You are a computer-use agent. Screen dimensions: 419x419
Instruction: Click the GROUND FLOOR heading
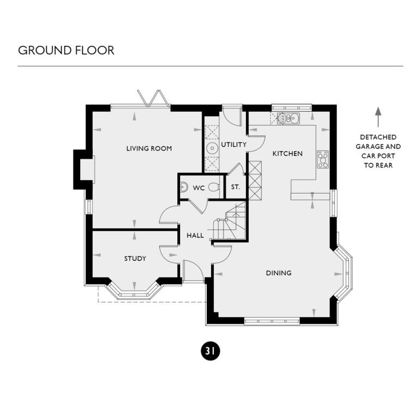pos(66,50)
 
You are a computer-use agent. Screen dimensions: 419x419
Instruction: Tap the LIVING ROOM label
pos(149,148)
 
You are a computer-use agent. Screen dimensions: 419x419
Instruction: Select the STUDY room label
pos(135,259)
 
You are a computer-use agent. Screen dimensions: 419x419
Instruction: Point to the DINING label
pos(278,273)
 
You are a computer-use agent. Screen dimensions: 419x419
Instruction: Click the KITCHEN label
pos(287,154)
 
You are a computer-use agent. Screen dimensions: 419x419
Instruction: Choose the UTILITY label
pos(234,145)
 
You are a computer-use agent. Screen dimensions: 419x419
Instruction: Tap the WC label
pos(198,188)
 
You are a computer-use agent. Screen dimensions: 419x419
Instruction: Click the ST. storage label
pos(235,188)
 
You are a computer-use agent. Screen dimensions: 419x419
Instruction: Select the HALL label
pos(195,236)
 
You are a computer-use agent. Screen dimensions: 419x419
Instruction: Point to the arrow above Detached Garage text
pos(378,117)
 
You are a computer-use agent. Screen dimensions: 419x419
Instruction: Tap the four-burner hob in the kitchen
pos(323,159)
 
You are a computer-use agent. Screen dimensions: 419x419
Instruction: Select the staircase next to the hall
pos(230,221)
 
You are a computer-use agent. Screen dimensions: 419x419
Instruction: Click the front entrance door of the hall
pos(192,271)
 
